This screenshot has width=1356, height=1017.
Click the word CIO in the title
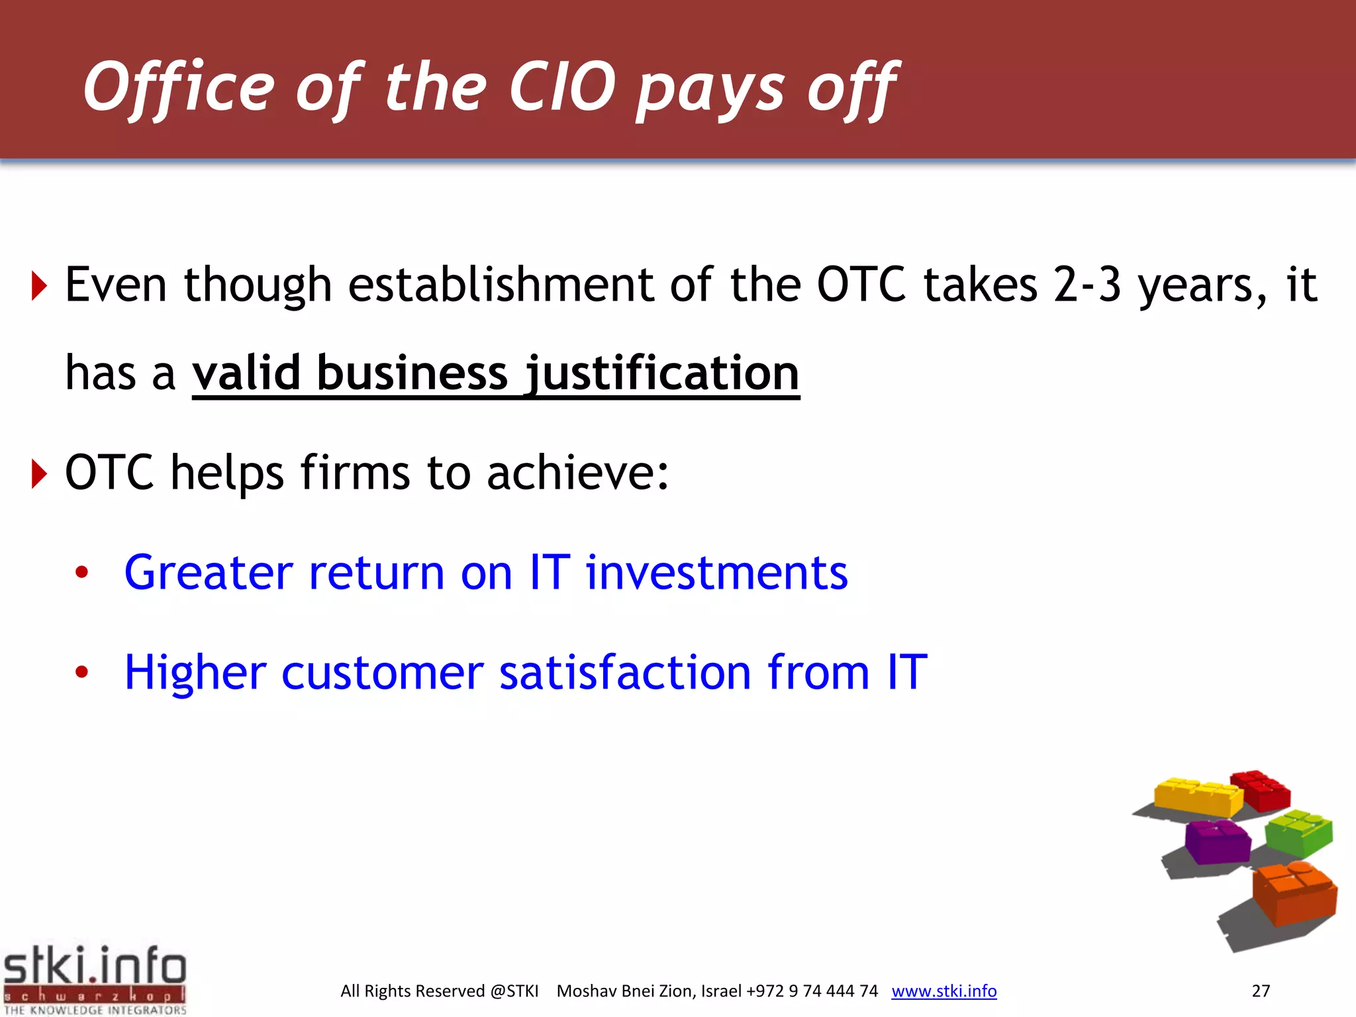tap(562, 87)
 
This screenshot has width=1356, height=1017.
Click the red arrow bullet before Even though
tap(40, 286)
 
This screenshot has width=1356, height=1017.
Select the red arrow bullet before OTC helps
tap(40, 474)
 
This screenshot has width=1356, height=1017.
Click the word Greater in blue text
tap(209, 572)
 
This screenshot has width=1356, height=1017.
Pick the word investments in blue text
tap(716, 572)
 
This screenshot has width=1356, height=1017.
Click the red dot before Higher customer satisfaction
tap(81, 673)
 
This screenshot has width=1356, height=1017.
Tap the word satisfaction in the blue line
tap(624, 672)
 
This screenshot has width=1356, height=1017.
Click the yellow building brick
tap(1197, 797)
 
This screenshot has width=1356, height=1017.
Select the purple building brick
tap(1217, 841)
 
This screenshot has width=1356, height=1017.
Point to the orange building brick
tap(1294, 894)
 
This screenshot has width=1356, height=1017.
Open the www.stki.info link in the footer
tap(944, 991)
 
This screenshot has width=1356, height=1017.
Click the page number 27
tap(1261, 991)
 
